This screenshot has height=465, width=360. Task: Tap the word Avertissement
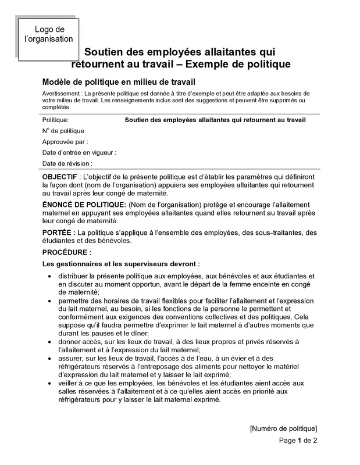pos(61,94)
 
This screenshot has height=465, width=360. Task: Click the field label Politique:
pos(56,120)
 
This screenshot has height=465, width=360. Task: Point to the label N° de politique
pos(63,131)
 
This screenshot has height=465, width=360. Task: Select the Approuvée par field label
pos(65,141)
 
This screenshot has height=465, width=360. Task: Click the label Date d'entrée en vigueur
pos(79,152)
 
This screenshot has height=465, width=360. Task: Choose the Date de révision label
pos(67,163)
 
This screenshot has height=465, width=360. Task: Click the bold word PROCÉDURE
pos(66,253)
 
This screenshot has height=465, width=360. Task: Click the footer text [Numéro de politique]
pos(283,428)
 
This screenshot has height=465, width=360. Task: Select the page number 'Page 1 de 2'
pos(298,440)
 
